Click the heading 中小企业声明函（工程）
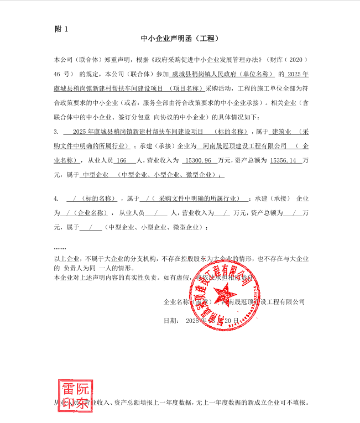tap(180, 39)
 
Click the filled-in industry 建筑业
tap(281, 132)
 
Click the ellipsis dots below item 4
tap(60, 247)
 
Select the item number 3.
tap(56, 132)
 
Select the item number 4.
tap(56, 198)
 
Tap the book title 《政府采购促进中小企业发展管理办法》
tap(207, 59)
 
